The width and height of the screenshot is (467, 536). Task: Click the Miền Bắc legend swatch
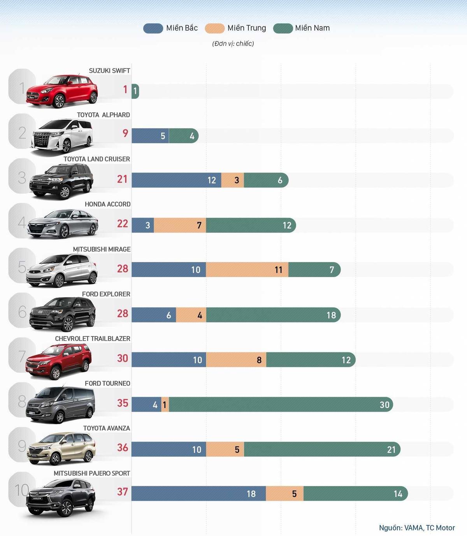point(153,28)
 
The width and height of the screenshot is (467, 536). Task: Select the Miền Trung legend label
point(247,28)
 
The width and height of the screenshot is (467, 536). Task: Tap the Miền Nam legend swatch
point(283,28)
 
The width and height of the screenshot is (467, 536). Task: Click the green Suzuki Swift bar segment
point(135,91)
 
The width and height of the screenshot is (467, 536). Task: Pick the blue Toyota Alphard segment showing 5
point(150,136)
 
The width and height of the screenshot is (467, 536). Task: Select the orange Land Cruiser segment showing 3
point(233,180)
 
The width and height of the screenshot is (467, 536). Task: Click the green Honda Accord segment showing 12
point(251,225)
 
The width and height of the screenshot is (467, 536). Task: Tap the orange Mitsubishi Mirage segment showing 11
point(247,270)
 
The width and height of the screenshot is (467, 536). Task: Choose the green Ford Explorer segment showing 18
point(273,315)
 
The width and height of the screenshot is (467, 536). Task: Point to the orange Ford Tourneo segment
point(165,405)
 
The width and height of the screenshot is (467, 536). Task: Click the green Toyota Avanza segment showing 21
point(322,449)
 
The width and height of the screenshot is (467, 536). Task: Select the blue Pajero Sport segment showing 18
point(199,494)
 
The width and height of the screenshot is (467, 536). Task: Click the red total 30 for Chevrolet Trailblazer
point(123,358)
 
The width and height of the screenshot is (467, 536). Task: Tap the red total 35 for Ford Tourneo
point(123,403)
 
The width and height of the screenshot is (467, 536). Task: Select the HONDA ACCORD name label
point(107,204)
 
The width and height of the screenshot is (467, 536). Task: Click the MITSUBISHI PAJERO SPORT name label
point(92,473)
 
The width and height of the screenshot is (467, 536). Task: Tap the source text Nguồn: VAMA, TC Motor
point(417,528)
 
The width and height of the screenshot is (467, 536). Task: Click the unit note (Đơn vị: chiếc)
point(233,44)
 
